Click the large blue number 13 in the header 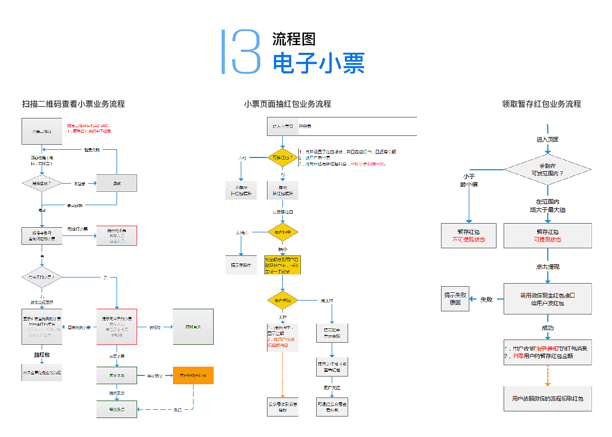point(241,52)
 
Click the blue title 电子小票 point(318,64)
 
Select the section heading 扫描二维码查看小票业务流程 point(73,104)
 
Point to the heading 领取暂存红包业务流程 point(541,104)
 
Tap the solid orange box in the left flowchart point(193,376)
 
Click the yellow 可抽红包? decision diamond point(282,157)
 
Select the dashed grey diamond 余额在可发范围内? point(547,169)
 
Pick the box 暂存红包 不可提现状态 point(468,235)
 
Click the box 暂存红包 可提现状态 point(547,235)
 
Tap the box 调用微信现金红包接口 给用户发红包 point(547,299)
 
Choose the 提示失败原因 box point(455,299)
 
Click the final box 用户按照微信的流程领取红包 point(547,399)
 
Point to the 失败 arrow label point(486,299)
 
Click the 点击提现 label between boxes point(547,267)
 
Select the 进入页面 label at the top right point(547,140)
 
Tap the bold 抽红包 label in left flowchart point(42,354)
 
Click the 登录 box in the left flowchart point(117,183)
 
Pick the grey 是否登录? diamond point(42,183)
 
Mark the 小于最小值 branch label point(468,180)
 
